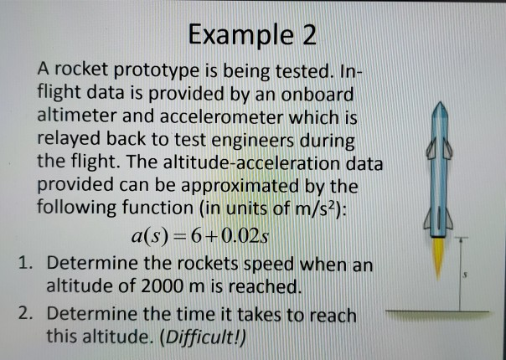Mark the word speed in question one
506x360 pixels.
coord(250,265)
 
